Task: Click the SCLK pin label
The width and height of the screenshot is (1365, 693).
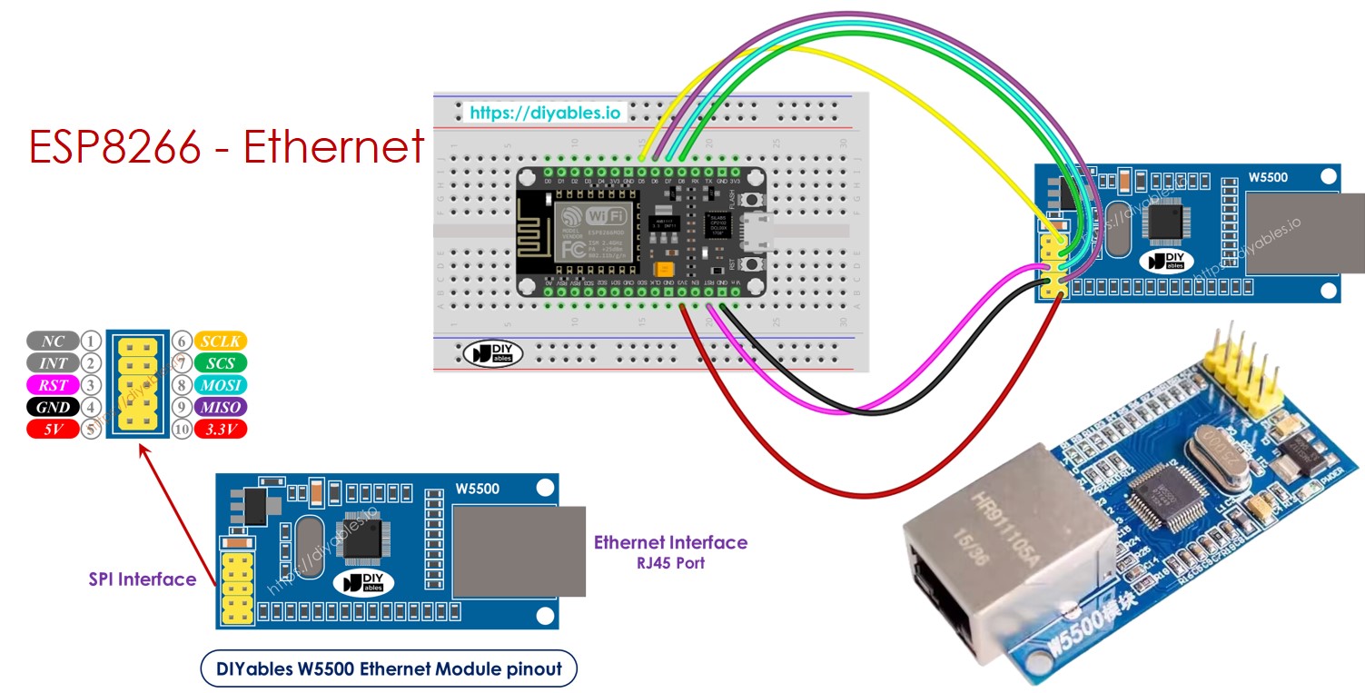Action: pos(221,342)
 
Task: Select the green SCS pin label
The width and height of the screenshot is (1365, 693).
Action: pos(221,363)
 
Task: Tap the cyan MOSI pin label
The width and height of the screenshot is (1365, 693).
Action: pos(221,385)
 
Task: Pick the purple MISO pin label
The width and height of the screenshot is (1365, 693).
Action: pos(221,407)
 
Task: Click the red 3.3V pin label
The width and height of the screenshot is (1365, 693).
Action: pos(221,429)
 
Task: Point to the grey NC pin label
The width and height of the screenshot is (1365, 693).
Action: pos(53,342)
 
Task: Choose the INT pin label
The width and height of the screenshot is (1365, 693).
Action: pos(53,363)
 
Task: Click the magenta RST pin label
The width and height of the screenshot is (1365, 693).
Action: pos(53,385)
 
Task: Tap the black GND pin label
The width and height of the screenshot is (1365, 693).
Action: pos(53,407)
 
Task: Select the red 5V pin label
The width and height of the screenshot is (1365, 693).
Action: pos(53,429)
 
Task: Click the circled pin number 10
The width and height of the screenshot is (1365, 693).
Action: pos(182,429)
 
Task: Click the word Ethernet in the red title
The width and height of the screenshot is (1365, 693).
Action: pos(333,146)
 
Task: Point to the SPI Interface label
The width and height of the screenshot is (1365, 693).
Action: pos(143,579)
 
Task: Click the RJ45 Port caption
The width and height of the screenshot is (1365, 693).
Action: pos(670,563)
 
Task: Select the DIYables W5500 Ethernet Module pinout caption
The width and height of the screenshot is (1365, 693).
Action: pos(389,670)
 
